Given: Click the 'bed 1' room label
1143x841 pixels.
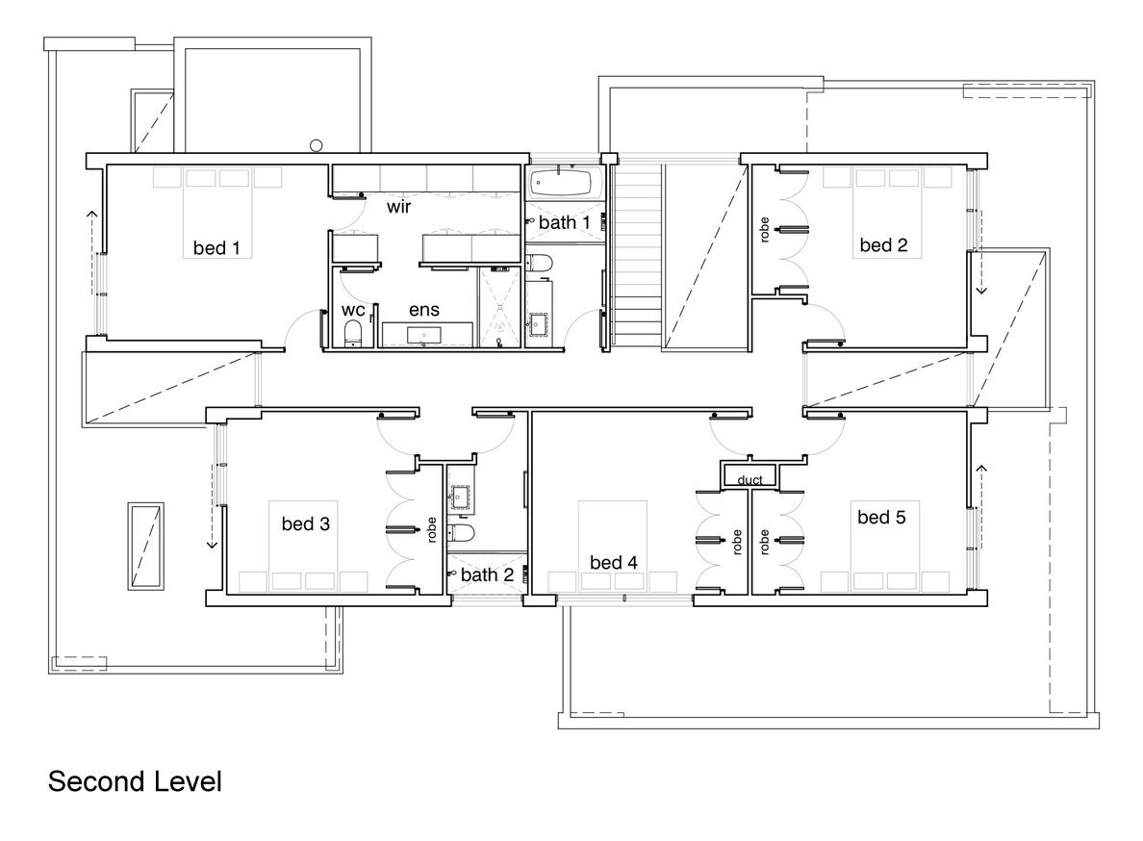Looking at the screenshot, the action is point(216,248).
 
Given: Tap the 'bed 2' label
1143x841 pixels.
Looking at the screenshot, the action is point(883,244).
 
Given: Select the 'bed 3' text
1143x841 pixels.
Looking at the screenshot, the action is point(305,523).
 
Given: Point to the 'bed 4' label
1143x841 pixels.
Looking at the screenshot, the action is point(613,562).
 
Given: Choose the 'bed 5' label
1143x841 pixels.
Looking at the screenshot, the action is point(881,517).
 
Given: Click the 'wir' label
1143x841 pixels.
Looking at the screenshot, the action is point(398,207).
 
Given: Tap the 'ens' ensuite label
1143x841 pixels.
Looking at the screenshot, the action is point(424,310).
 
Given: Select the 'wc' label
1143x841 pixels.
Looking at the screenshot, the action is point(353,311).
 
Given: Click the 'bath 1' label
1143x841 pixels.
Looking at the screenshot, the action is point(564,222).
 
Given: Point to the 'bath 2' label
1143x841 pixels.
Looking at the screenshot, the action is point(487,575).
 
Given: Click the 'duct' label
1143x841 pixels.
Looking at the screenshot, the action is point(750,479).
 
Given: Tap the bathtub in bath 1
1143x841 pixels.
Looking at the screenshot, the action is point(560,182).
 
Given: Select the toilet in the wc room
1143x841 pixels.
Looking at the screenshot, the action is point(353,332).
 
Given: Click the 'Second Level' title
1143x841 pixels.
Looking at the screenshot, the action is point(135,781).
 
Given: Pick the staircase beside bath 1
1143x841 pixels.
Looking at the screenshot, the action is point(636,255).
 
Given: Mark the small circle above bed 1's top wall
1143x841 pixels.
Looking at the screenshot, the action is point(316,145).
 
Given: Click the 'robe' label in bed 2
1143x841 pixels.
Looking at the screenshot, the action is point(764,230).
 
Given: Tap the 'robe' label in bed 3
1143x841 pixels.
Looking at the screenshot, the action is point(432,530).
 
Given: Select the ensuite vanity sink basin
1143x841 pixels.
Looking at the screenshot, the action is point(423,335).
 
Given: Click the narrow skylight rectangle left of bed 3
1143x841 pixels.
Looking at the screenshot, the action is point(146,546).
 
